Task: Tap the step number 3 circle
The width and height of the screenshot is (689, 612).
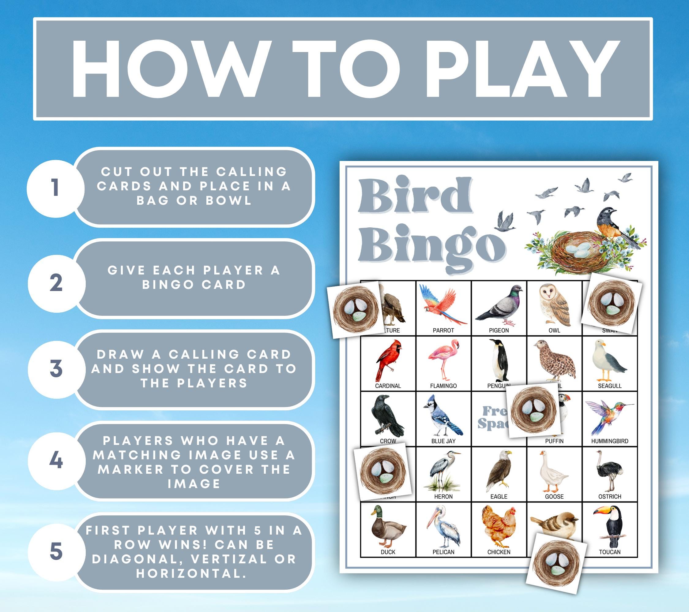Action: [56, 368]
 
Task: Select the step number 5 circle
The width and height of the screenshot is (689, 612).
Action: [56, 552]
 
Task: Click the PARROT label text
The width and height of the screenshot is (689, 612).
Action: [443, 330]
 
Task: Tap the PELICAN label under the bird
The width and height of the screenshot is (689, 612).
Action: [443, 552]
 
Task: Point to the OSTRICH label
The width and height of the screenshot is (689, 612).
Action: [609, 496]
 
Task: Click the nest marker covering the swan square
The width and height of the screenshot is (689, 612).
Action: [612, 303]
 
